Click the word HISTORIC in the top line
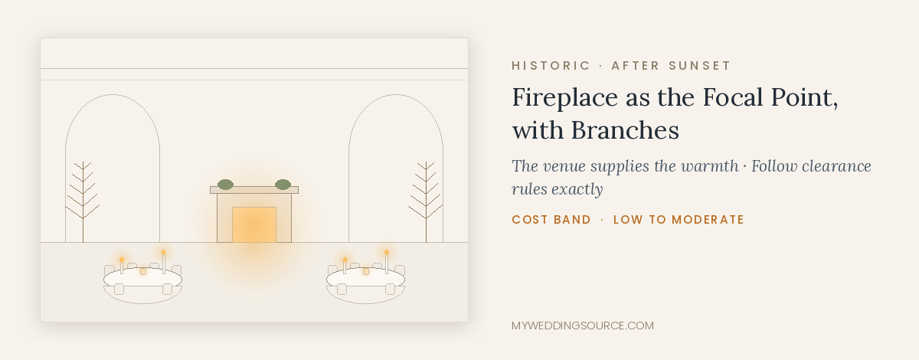coord(551,66)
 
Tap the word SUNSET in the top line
coord(699,66)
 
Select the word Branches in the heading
coord(625,130)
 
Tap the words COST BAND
coord(551,220)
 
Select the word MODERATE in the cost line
coord(708,220)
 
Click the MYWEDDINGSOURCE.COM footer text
coord(583,326)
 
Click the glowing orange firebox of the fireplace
coord(254,224)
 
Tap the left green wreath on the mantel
coord(225,185)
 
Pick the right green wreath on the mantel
coord(283,185)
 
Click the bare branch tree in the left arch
coord(83,201)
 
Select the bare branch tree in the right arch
coord(426,201)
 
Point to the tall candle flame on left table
coord(163,253)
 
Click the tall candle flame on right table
coord(387,253)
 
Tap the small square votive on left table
coord(143,271)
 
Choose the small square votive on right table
coord(366,271)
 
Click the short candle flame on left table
coord(122,260)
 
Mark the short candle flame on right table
coord(345,260)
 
